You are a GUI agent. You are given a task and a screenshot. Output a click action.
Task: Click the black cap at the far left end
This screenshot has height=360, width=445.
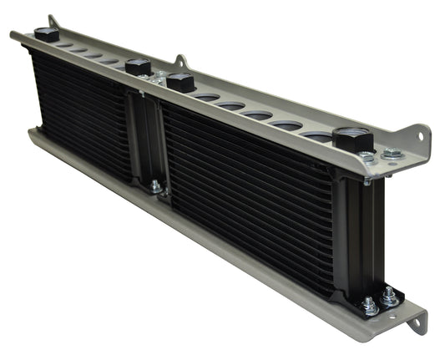pyautogui.click(x=46, y=34)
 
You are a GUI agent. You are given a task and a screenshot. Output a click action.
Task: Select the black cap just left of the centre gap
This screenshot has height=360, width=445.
pyautogui.click(x=138, y=68)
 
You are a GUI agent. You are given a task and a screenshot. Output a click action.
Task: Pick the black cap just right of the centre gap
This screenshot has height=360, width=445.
pyautogui.click(x=180, y=83)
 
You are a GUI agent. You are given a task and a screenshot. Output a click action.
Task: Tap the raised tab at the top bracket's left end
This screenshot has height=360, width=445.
pyautogui.click(x=53, y=21)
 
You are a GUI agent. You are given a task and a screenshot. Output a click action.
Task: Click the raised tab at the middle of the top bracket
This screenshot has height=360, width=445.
pyautogui.click(x=181, y=62)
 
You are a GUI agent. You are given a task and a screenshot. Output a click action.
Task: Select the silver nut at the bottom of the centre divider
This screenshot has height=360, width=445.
pyautogui.click(x=156, y=186)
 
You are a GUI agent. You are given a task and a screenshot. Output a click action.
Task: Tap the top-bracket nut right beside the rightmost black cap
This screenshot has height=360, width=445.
pyautogui.click(x=367, y=156)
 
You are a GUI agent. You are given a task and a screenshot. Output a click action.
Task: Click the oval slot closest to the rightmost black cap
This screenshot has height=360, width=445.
pyautogui.click(x=316, y=135)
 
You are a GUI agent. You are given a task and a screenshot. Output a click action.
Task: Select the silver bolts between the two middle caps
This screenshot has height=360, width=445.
pyautogui.click(x=159, y=75)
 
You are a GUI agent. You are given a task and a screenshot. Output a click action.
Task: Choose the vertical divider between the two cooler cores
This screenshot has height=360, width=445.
pyautogui.click(x=149, y=138)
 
